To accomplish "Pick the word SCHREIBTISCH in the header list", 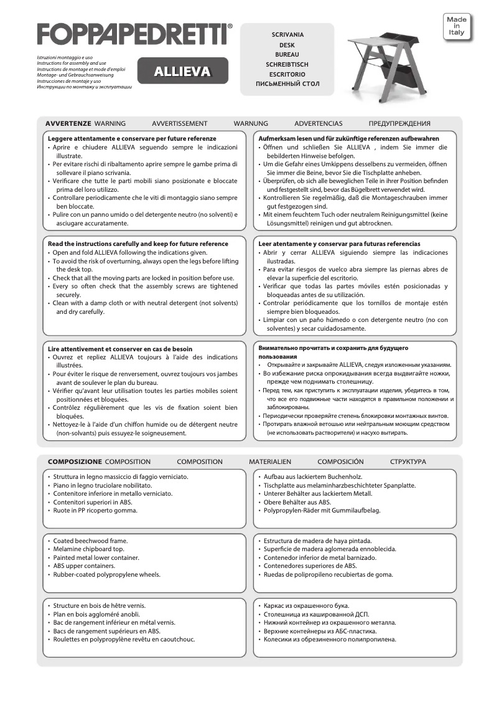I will (287, 64).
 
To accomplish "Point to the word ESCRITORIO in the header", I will (287, 73).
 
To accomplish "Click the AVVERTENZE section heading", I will (68, 123).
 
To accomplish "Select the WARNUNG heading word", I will (251, 123).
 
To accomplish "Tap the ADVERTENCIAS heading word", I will (318, 123).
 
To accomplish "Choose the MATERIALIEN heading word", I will (270, 462).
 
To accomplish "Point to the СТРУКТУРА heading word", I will (408, 462).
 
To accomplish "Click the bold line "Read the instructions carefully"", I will (138, 244).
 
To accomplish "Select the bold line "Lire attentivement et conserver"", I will (120, 349).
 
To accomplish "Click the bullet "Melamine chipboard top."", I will (89, 549).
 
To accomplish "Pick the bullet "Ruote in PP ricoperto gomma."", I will (95, 510).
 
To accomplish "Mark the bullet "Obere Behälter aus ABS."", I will (297, 502).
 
